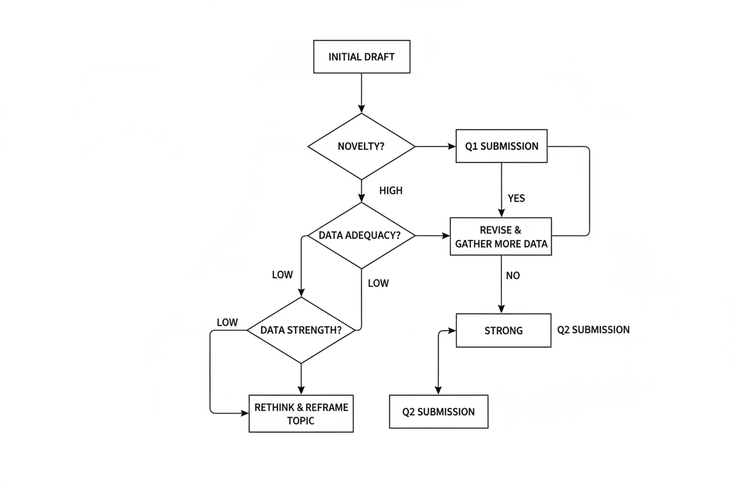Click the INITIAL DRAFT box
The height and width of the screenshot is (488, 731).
click(x=361, y=57)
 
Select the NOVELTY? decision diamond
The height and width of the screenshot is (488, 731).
click(x=361, y=146)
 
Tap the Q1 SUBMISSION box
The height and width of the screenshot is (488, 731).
click(x=501, y=146)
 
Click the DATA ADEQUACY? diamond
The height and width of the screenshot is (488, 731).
click(x=361, y=236)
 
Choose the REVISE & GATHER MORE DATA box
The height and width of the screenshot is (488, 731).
click(x=501, y=236)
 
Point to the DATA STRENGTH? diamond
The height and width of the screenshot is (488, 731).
click(x=301, y=330)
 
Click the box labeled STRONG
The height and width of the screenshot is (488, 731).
click(x=503, y=331)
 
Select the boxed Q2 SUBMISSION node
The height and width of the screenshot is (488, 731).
click(x=438, y=412)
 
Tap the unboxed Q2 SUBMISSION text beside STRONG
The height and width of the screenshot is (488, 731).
click(x=593, y=330)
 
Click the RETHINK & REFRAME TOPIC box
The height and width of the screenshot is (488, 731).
click(x=301, y=414)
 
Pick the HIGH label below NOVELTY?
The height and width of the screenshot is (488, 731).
click(x=391, y=191)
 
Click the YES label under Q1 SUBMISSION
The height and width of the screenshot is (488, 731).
click(x=516, y=198)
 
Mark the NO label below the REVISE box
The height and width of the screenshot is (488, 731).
click(x=513, y=276)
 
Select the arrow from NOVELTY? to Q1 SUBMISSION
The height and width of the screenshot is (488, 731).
click(x=435, y=146)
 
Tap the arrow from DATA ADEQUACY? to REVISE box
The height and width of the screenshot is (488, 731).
click(x=432, y=236)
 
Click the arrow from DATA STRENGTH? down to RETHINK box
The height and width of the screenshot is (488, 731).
click(x=301, y=379)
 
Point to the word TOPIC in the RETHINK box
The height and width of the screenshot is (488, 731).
click(x=300, y=421)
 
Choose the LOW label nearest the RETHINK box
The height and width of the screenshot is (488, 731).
click(x=227, y=323)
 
